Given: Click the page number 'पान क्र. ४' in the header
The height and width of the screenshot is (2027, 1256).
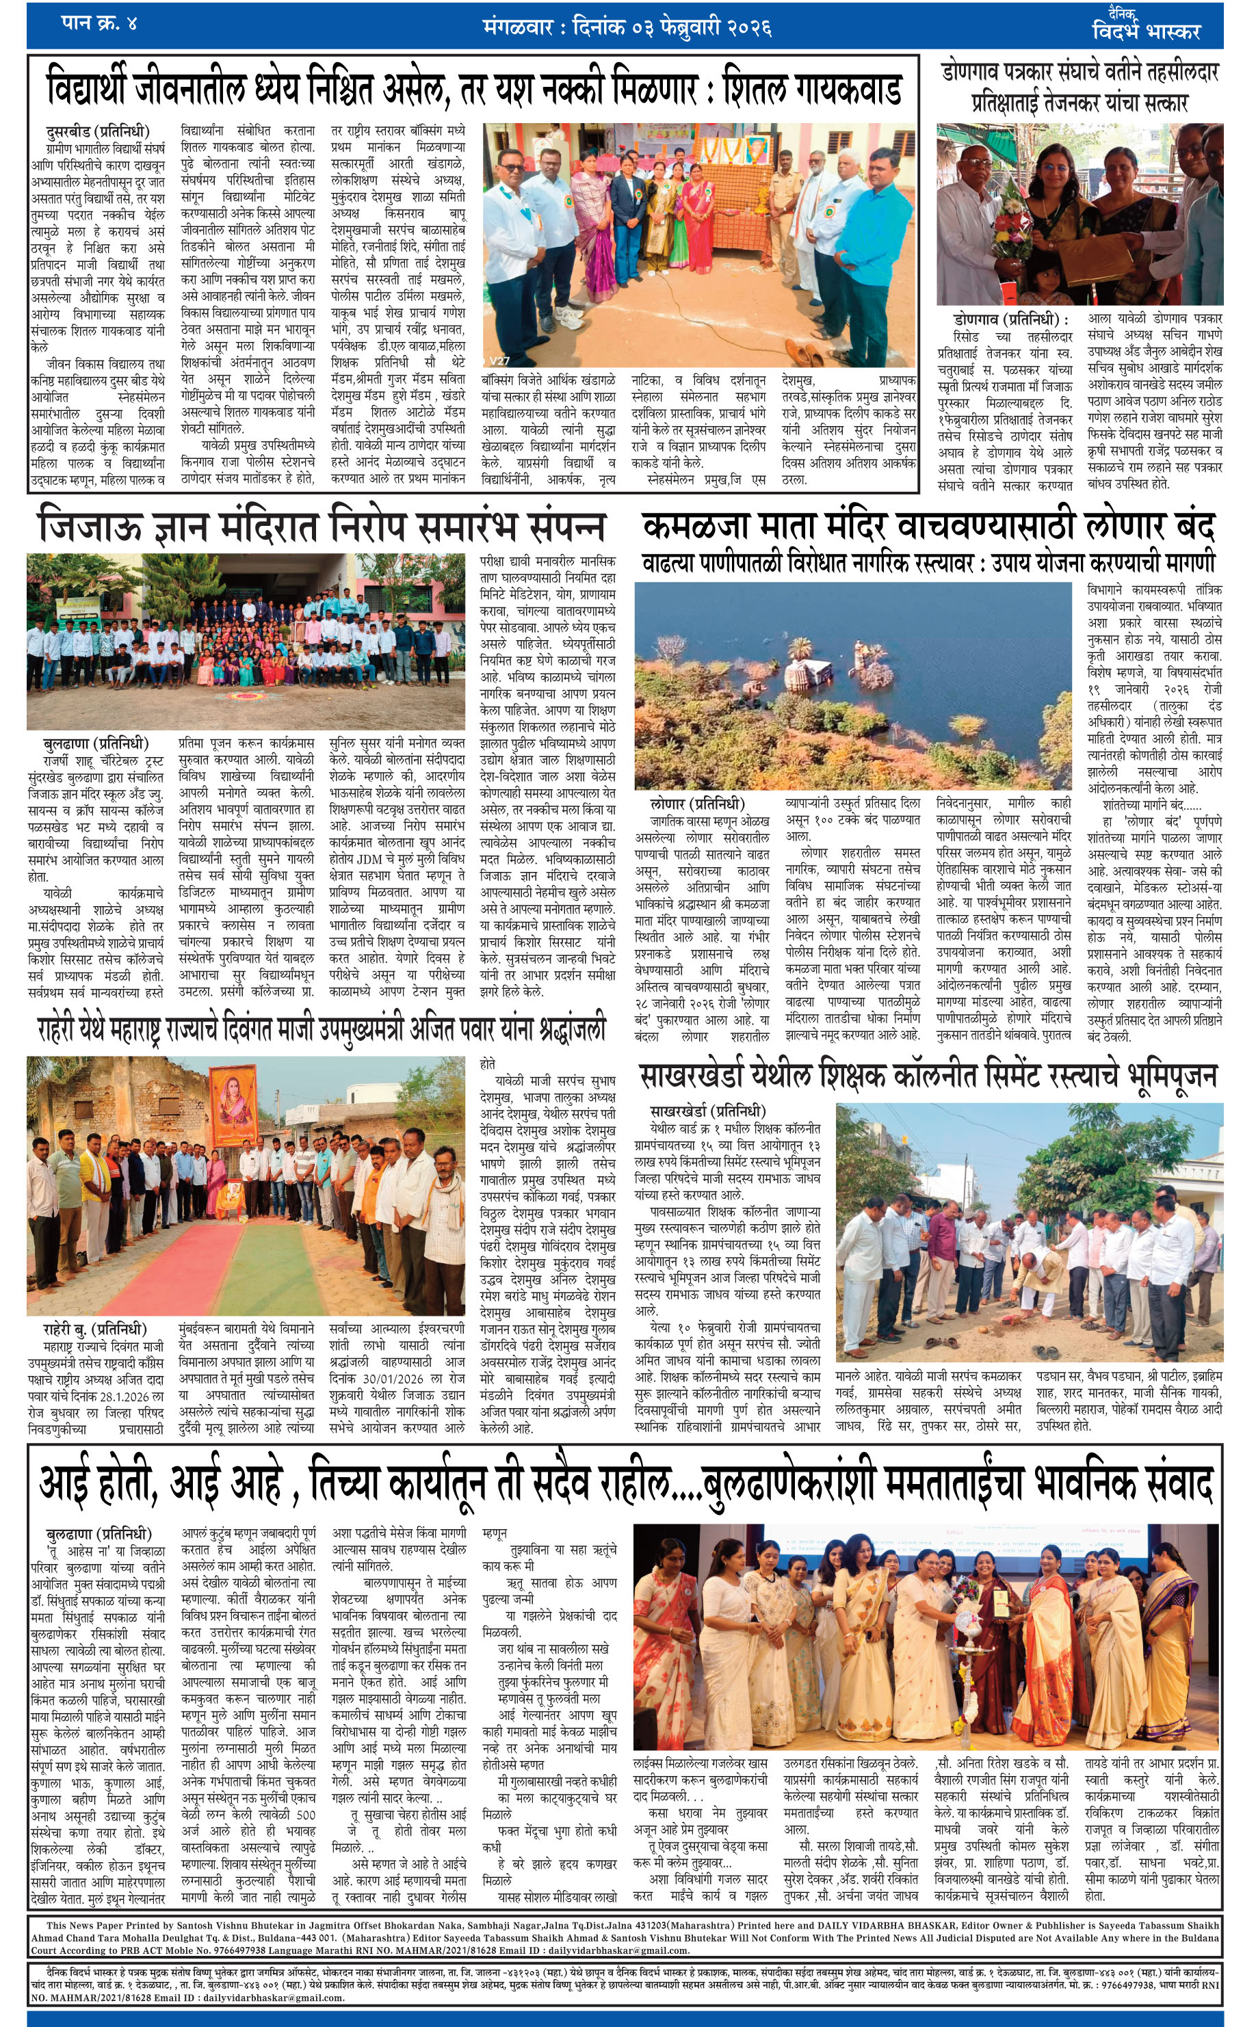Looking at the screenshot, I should point(98,23).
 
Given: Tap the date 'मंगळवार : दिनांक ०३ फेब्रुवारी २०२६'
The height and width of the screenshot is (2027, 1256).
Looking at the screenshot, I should point(627,27).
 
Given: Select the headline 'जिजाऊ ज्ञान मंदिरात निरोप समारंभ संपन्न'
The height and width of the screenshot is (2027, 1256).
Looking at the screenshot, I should point(322,527).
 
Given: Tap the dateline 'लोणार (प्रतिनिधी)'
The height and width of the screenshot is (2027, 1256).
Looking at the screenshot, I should point(698,804).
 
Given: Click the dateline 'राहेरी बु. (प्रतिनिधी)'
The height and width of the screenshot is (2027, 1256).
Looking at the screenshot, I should point(94,1329).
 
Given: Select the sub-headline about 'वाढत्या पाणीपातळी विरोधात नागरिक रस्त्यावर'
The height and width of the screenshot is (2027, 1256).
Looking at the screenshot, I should point(928,563).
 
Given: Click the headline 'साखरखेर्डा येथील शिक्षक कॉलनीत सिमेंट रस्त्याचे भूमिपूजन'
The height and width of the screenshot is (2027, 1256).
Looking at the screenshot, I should point(928,1076).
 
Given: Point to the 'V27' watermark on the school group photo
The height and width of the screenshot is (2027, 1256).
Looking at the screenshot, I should point(499,361).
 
